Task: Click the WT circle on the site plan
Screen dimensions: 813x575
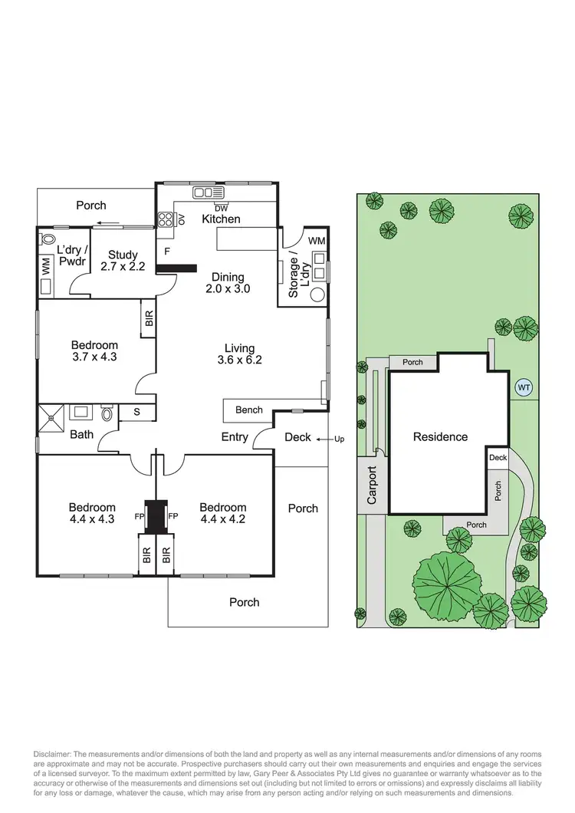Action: [x=524, y=387]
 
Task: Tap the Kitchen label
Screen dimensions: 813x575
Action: [x=221, y=219]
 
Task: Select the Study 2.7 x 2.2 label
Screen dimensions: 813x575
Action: [x=122, y=261]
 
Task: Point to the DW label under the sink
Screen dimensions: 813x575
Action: [x=221, y=208]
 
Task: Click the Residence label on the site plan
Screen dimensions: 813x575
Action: [x=440, y=437]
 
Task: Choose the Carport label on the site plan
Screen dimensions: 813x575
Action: [x=373, y=485]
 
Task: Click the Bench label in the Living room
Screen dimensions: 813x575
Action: [x=248, y=410]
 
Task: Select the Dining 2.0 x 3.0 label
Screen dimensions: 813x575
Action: [x=228, y=283]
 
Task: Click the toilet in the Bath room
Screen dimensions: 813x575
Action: [x=107, y=414]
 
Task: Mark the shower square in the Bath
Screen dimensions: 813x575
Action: [x=52, y=418]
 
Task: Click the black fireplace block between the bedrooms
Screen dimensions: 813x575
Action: [x=157, y=516]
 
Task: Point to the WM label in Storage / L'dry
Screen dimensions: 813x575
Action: [x=316, y=241]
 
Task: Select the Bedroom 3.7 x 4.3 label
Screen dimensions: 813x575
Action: [x=95, y=351]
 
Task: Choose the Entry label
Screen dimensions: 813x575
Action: [x=234, y=437]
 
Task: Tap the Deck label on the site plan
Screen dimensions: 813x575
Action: [x=498, y=458]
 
